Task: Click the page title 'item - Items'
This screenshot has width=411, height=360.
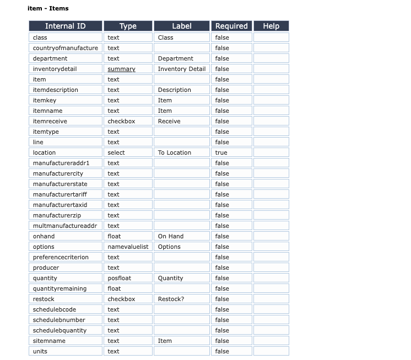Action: pyautogui.click(x=48, y=8)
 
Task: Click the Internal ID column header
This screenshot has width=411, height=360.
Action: pyautogui.click(x=65, y=26)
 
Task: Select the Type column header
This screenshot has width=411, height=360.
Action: pyautogui.click(x=128, y=26)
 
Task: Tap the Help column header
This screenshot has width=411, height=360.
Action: pyautogui.click(x=271, y=26)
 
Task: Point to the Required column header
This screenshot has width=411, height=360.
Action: pyautogui.click(x=231, y=26)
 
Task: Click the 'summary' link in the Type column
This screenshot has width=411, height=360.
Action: pyautogui.click(x=121, y=69)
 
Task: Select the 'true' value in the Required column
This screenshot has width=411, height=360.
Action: pyautogui.click(x=221, y=152)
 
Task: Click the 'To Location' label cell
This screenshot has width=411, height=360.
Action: pyautogui.click(x=174, y=152)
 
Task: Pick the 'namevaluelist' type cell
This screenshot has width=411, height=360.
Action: pyautogui.click(x=128, y=247)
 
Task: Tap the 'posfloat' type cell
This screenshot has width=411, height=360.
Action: pyautogui.click(x=119, y=278)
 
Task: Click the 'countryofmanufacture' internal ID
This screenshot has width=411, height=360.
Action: pyautogui.click(x=65, y=48)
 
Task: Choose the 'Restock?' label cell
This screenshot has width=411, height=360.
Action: pyautogui.click(x=171, y=299)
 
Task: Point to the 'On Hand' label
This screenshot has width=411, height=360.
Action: pyautogui.click(x=171, y=236)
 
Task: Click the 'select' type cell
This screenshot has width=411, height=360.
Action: pyautogui.click(x=116, y=152)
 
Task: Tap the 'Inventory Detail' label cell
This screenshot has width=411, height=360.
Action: pyautogui.click(x=181, y=69)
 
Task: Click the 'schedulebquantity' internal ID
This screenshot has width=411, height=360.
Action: pyautogui.click(x=60, y=330)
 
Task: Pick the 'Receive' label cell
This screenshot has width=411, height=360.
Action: pyautogui.click(x=169, y=121)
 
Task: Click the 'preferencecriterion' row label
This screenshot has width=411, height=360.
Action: pyautogui.click(x=61, y=257)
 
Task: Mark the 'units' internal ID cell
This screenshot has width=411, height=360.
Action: pyautogui.click(x=40, y=351)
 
